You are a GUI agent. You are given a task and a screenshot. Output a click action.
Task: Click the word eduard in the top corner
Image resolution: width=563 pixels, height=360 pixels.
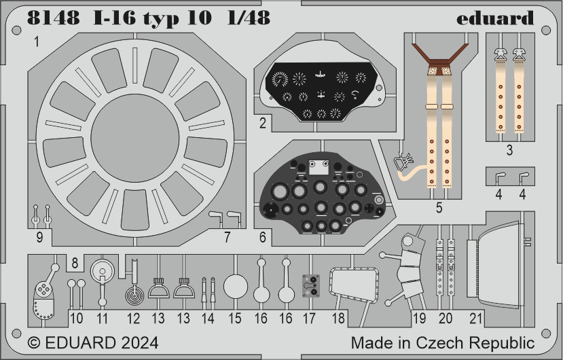pos(495,18)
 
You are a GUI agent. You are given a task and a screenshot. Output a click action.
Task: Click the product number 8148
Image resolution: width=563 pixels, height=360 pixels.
pos(54,18)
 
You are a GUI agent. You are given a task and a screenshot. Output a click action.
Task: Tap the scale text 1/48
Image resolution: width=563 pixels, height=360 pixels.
pos(249,18)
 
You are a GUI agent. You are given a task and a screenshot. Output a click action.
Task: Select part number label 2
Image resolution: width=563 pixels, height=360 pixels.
pos(263,123)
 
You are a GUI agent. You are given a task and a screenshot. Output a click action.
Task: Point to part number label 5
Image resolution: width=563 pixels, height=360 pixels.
pos(439,208)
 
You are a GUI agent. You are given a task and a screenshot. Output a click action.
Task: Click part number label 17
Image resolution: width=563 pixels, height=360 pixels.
pos(309,319)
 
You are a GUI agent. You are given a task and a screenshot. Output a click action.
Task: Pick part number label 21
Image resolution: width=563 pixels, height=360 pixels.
pos(476,319)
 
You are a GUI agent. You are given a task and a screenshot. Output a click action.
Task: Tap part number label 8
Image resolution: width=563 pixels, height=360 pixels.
pos(75,263)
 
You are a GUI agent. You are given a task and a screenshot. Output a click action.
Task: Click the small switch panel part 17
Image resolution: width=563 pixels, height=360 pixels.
pos(310,286)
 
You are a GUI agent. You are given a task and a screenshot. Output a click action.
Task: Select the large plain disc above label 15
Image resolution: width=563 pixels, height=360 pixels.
pos(236,287)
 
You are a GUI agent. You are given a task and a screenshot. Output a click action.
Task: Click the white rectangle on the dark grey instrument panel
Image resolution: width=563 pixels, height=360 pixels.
pos(319,167)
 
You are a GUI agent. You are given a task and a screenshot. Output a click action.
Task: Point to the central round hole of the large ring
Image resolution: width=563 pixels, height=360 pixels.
pos(135,137)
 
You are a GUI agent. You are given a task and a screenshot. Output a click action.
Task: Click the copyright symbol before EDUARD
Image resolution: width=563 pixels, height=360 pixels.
pos(34,343)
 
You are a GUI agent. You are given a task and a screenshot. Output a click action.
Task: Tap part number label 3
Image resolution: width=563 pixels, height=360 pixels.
pos(509,150)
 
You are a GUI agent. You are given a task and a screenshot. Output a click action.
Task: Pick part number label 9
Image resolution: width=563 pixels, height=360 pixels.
pos(39,237)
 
